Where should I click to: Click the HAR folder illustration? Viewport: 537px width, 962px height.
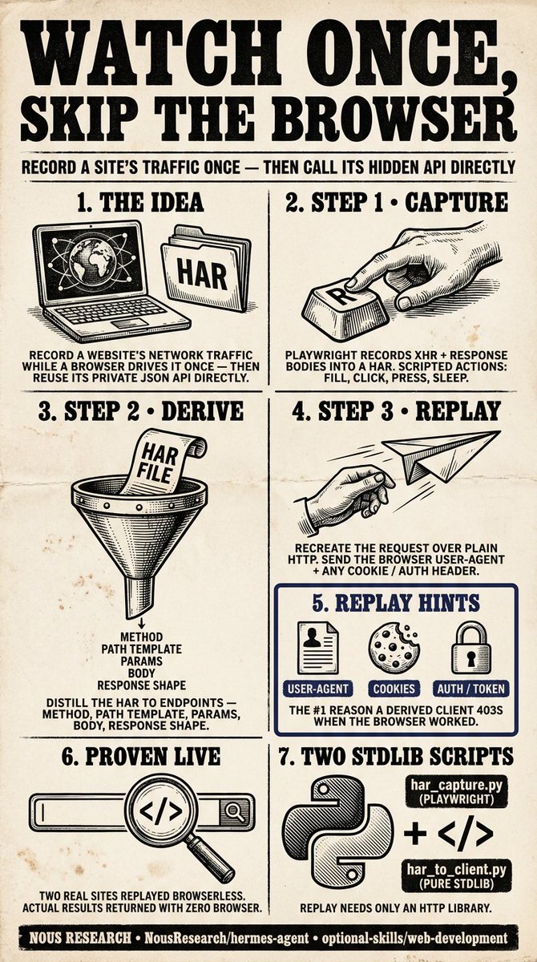click(206, 269)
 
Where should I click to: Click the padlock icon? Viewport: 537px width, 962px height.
click(470, 648)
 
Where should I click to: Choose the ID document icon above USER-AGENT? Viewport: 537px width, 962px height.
click(317, 648)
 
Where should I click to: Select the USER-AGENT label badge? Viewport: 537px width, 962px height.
click(317, 689)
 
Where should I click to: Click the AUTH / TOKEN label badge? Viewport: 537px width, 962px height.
click(471, 689)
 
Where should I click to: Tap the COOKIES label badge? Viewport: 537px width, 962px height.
click(394, 689)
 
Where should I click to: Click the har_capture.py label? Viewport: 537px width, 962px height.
click(456, 791)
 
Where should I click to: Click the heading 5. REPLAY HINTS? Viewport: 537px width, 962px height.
click(396, 603)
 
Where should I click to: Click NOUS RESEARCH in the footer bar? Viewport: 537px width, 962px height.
click(80, 938)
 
